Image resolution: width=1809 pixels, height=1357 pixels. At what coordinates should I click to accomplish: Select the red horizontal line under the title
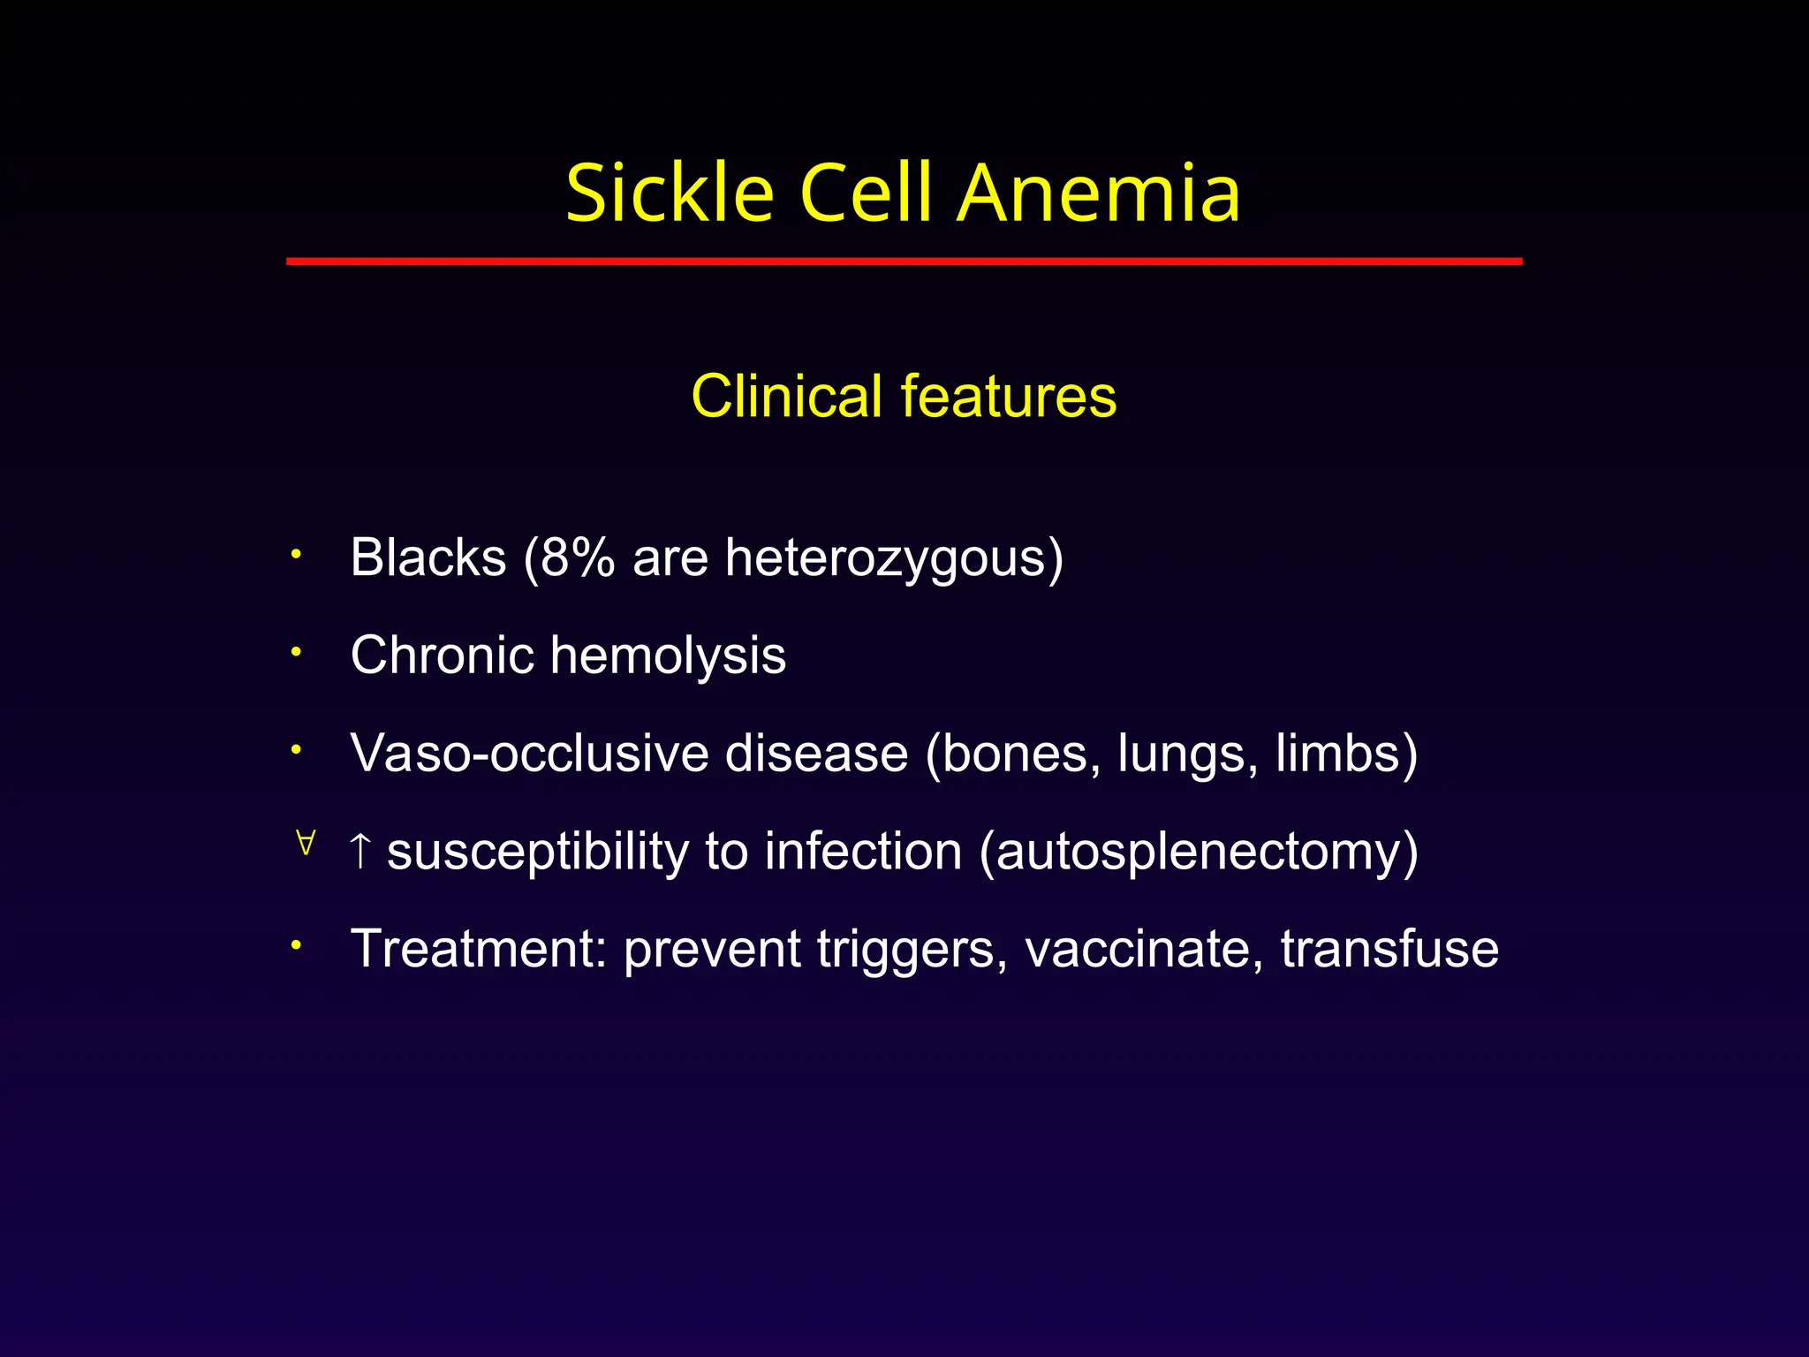pos(904,262)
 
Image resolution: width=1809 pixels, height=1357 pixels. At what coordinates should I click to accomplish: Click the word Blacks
pos(428,557)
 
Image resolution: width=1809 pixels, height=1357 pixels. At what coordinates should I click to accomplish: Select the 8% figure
pos(577,557)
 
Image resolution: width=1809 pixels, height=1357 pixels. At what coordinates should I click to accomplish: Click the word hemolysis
pos(668,656)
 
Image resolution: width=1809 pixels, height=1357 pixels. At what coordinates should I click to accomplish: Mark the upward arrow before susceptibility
pos(360,850)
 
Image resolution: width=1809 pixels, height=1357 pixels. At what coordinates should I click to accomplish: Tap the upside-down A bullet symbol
pos(306,843)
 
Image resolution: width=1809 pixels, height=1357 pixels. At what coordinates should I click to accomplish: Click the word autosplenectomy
pos(1199,853)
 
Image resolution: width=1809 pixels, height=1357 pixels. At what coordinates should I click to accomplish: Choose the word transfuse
pos(1389,949)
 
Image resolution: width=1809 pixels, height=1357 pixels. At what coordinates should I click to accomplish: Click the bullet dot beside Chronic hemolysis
pos(298,653)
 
